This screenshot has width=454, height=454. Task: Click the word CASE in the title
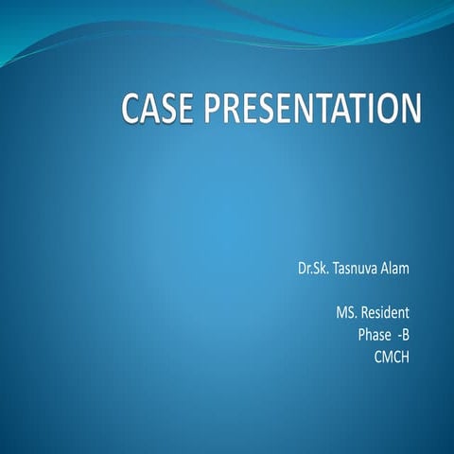click(160, 108)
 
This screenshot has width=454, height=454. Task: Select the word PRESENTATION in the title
click(310, 108)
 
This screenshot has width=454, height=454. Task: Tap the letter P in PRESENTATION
click(216, 108)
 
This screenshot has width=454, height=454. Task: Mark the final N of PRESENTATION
click(407, 108)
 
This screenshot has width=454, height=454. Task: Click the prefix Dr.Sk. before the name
click(314, 269)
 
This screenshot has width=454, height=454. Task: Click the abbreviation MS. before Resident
click(346, 312)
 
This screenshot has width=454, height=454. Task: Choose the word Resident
click(387, 312)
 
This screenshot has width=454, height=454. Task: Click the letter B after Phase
click(409, 334)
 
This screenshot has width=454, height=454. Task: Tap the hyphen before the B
click(401, 335)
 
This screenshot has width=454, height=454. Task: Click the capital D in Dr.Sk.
click(302, 269)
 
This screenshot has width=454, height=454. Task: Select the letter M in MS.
click(341, 312)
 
